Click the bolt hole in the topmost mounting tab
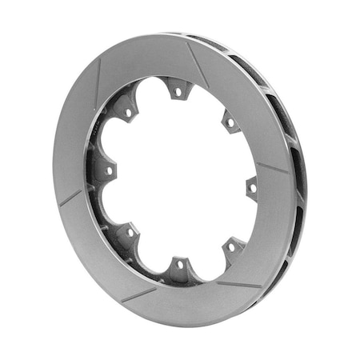tap(178, 92)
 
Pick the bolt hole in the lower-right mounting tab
tap(231, 247)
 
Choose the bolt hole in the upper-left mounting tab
tap(127, 113)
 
